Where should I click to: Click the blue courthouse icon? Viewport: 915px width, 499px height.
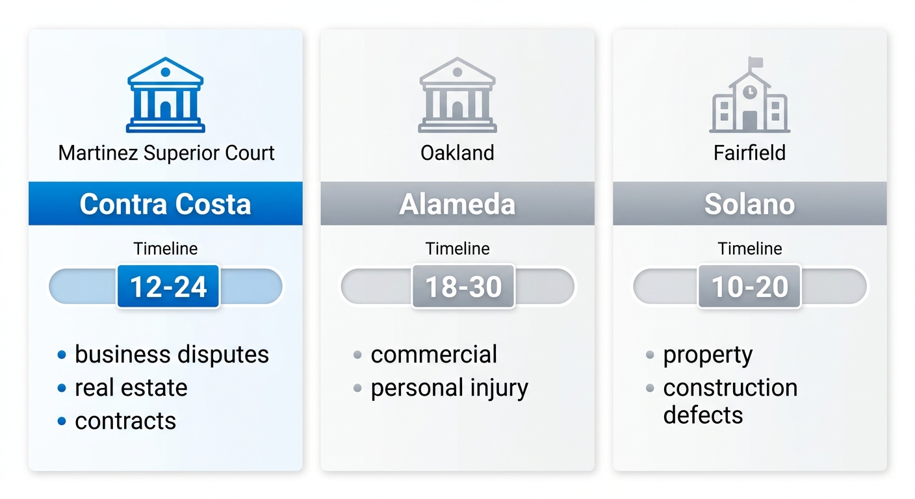click(x=166, y=95)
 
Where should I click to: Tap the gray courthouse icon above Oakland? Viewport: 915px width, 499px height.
click(x=457, y=95)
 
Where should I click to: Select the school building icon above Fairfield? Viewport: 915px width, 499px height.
click(x=749, y=95)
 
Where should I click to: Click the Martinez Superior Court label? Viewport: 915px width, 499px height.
click(x=166, y=153)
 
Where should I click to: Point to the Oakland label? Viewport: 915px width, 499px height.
click(x=457, y=153)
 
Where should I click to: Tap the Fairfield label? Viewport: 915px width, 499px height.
click(x=749, y=153)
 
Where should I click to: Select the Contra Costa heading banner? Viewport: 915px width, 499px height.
click(x=166, y=204)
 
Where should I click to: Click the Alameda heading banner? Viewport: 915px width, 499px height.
click(x=457, y=204)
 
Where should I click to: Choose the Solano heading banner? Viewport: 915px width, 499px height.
click(x=749, y=204)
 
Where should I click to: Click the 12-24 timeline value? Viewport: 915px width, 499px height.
click(x=168, y=287)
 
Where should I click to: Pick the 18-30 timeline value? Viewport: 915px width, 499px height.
click(x=463, y=287)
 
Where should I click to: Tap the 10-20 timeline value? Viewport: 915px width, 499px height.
click(x=749, y=287)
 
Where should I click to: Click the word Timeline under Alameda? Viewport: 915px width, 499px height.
click(x=457, y=249)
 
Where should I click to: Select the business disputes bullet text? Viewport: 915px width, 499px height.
click(x=172, y=355)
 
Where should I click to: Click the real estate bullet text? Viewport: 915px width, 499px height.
click(x=131, y=388)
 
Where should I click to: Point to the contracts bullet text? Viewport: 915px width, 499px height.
click(x=125, y=421)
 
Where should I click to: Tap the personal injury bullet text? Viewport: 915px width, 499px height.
click(x=449, y=389)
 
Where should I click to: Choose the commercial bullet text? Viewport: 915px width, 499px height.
click(x=433, y=355)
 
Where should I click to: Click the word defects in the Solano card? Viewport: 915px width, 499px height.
click(x=702, y=415)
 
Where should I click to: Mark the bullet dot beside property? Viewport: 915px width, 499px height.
click(x=649, y=355)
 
